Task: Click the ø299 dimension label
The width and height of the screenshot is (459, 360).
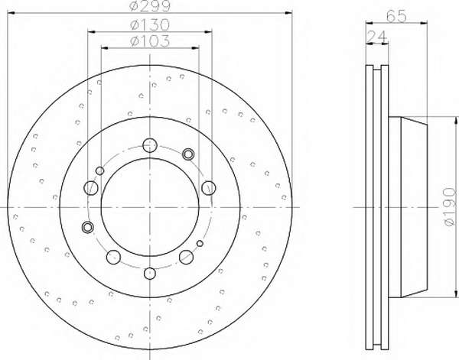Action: (150, 6)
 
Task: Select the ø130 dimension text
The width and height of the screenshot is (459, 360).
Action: (150, 24)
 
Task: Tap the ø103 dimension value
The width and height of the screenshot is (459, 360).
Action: (150, 41)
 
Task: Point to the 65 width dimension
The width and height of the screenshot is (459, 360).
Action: (396, 15)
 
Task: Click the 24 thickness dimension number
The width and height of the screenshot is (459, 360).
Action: (377, 37)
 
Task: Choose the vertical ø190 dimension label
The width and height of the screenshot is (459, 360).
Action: (449, 207)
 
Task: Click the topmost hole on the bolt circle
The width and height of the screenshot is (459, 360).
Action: (150, 145)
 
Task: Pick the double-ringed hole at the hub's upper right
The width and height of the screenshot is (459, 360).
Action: (188, 154)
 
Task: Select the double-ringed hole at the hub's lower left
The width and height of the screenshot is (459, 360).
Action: (87, 227)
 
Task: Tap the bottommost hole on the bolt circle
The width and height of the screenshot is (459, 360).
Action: (150, 273)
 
